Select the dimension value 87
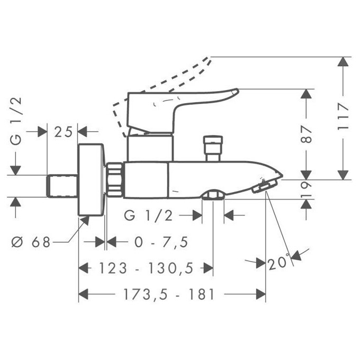[x=307, y=135]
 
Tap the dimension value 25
[x=63, y=131]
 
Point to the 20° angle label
[x=278, y=263]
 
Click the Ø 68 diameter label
[x=31, y=242]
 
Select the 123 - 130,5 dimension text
[x=145, y=268]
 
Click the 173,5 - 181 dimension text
[x=155, y=294]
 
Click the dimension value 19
[x=307, y=189]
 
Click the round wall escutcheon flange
[x=91, y=180]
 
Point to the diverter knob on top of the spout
[x=213, y=148]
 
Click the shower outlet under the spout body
[x=213, y=196]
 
